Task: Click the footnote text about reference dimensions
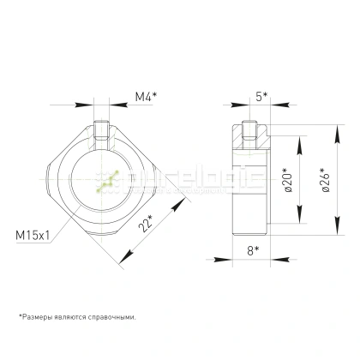point(76,316)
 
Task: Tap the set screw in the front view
point(105,133)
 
